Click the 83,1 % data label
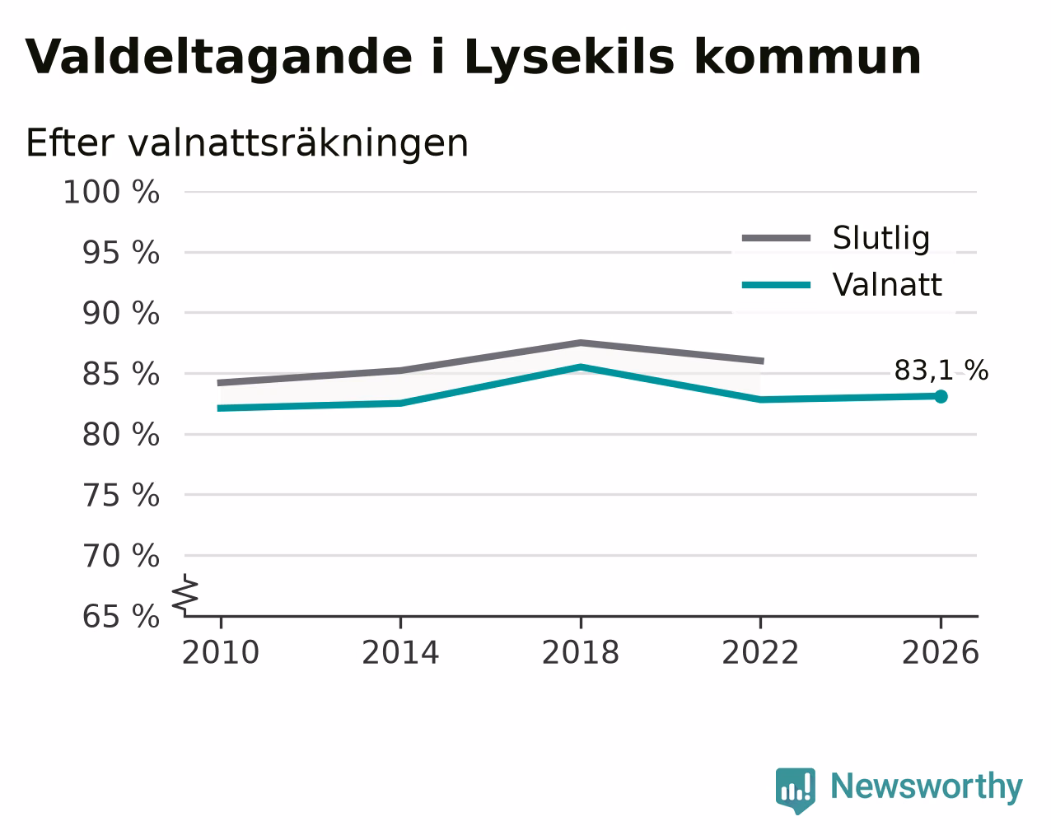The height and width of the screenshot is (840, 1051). pos(941,371)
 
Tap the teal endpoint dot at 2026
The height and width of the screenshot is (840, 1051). pos(941,397)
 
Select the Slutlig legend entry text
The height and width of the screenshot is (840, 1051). pos(881,239)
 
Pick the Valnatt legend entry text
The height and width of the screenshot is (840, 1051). pos(887,285)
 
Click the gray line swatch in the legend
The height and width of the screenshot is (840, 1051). pos(776,238)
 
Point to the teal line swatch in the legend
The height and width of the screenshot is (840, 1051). pos(776,285)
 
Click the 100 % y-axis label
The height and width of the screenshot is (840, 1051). pos(111,192)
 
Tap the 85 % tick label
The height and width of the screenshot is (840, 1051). pos(120,374)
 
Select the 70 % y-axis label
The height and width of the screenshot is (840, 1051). pos(120,556)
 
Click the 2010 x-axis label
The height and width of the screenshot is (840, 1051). pos(220,652)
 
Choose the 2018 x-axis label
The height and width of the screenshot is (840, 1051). pos(580,652)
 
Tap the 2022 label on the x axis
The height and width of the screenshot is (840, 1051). pos(760,652)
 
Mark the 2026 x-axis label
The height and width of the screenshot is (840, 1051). pos(940,652)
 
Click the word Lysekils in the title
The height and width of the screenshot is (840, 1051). pos(569,58)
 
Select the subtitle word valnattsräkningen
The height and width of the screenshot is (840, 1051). pos(298,143)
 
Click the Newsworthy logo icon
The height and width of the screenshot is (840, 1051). pos(795,791)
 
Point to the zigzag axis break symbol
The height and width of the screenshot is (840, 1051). pos(185,593)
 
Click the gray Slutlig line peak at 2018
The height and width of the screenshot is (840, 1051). pos(581,343)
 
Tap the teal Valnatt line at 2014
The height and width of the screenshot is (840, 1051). pos(400,404)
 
